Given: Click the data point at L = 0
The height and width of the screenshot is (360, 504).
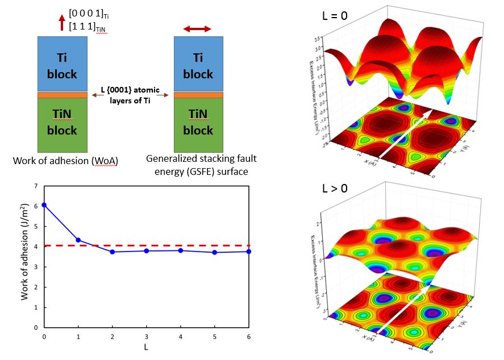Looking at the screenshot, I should [x=44, y=204].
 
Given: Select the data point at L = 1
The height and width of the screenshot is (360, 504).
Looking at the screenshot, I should [x=78, y=240].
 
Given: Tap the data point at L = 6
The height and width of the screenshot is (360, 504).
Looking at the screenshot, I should [x=249, y=252].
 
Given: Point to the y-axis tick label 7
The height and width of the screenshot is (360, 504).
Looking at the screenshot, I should [x=36, y=186].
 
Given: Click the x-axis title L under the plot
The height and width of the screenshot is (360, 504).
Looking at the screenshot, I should [x=147, y=346].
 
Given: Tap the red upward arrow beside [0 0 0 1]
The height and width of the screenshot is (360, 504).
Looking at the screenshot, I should [x=61, y=23].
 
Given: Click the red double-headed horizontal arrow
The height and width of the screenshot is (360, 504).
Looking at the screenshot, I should [x=197, y=28].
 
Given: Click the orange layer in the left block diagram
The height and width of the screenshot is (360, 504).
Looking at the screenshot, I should [x=62, y=95].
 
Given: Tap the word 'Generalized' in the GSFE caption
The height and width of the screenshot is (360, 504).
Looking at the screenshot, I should [x=172, y=160].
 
